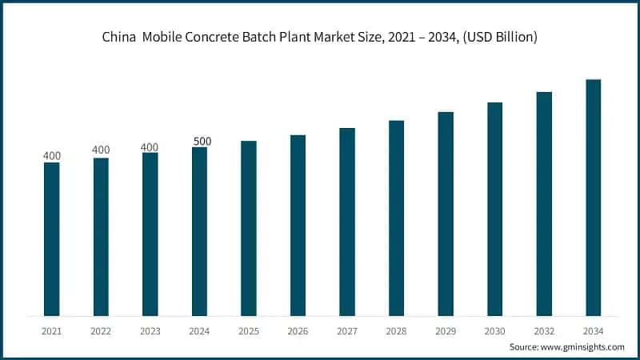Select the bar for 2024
(x=199, y=231)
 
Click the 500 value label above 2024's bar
(x=202, y=142)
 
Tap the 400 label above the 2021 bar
(x=51, y=155)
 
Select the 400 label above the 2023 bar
(x=150, y=146)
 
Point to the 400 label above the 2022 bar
(x=101, y=150)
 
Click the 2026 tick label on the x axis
(x=298, y=330)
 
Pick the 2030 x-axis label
(x=494, y=330)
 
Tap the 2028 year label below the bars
(x=396, y=330)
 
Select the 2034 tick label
(x=593, y=330)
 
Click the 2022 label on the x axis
(x=101, y=330)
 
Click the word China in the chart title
(x=118, y=37)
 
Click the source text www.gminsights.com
(x=585, y=347)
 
